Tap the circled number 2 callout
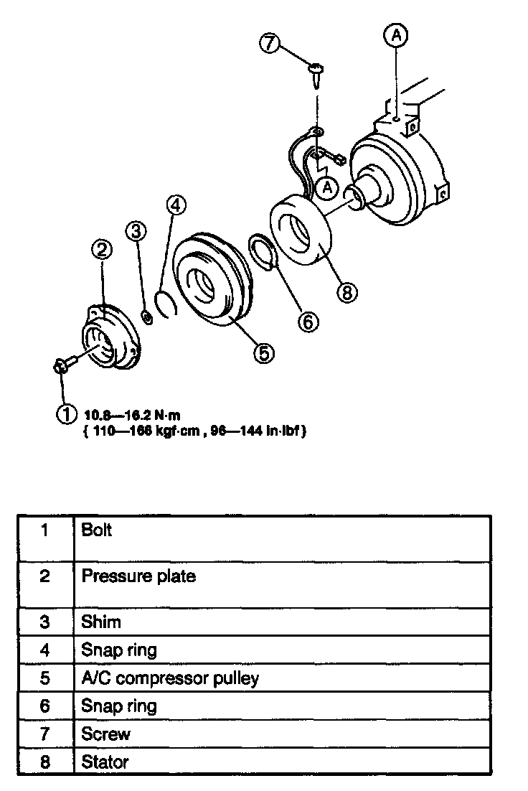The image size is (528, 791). pyautogui.click(x=101, y=249)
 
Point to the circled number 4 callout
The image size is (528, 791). pyautogui.click(x=176, y=205)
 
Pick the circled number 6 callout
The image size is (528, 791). pyautogui.click(x=307, y=323)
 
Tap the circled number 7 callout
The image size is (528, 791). pyautogui.click(x=268, y=43)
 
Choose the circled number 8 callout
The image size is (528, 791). pyautogui.click(x=348, y=292)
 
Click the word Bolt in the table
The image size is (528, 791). pyautogui.click(x=97, y=531)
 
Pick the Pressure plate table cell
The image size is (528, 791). pyautogui.click(x=138, y=576)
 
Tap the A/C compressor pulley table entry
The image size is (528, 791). pyautogui.click(x=170, y=678)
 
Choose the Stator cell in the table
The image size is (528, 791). pyautogui.click(x=105, y=761)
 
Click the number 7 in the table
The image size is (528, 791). pyautogui.click(x=45, y=734)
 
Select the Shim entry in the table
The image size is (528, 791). pyautogui.click(x=101, y=622)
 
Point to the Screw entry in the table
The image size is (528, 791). pyautogui.click(x=106, y=734)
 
